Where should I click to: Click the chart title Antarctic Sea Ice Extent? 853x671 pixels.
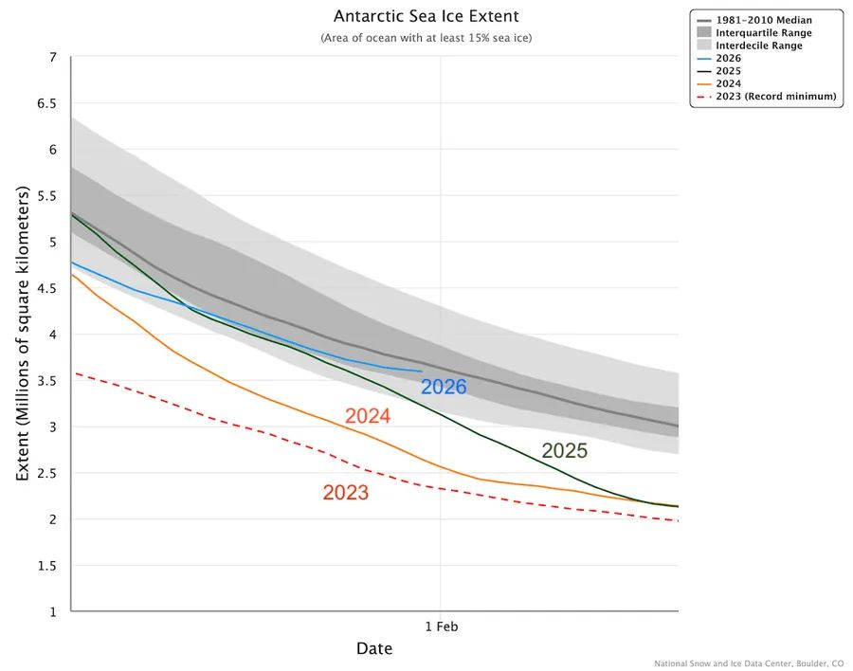pyautogui.click(x=426, y=17)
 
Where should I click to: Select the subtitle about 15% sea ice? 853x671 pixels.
pyautogui.click(x=426, y=38)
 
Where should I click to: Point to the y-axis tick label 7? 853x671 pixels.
pyautogui.click(x=52, y=58)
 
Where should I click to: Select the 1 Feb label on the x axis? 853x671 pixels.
pyautogui.click(x=441, y=626)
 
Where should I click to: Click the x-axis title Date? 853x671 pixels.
pyautogui.click(x=374, y=649)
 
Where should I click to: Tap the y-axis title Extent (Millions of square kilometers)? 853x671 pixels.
pyautogui.click(x=23, y=334)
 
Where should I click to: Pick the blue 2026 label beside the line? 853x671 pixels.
pyautogui.click(x=444, y=387)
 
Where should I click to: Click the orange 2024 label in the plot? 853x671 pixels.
pyautogui.click(x=368, y=416)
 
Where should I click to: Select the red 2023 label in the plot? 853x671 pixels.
pyautogui.click(x=345, y=493)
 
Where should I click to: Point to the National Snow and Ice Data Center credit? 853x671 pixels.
pyautogui.click(x=748, y=663)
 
